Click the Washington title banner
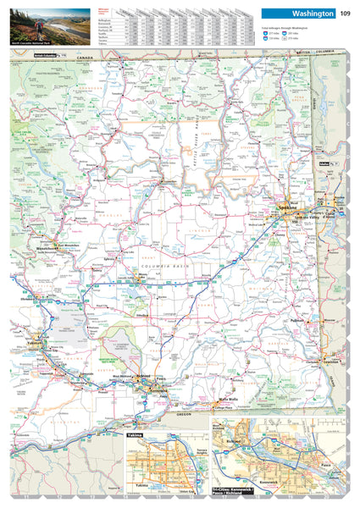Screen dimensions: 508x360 click(299, 14)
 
